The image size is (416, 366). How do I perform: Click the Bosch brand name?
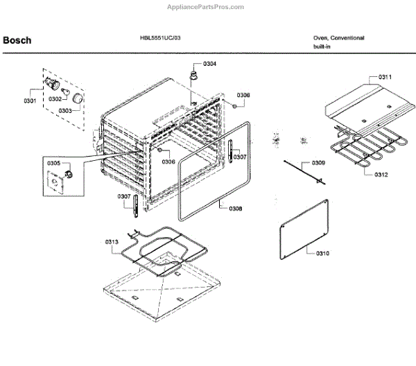(x=17, y=40)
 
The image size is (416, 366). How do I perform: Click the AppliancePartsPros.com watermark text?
(x=206, y=6)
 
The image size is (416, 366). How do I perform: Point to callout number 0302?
(x=54, y=98)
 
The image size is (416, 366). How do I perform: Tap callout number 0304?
(x=209, y=64)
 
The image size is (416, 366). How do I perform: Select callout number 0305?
(x=54, y=164)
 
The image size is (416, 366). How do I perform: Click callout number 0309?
(x=318, y=163)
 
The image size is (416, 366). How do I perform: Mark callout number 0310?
(x=322, y=254)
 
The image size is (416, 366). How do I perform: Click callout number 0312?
(x=381, y=174)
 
